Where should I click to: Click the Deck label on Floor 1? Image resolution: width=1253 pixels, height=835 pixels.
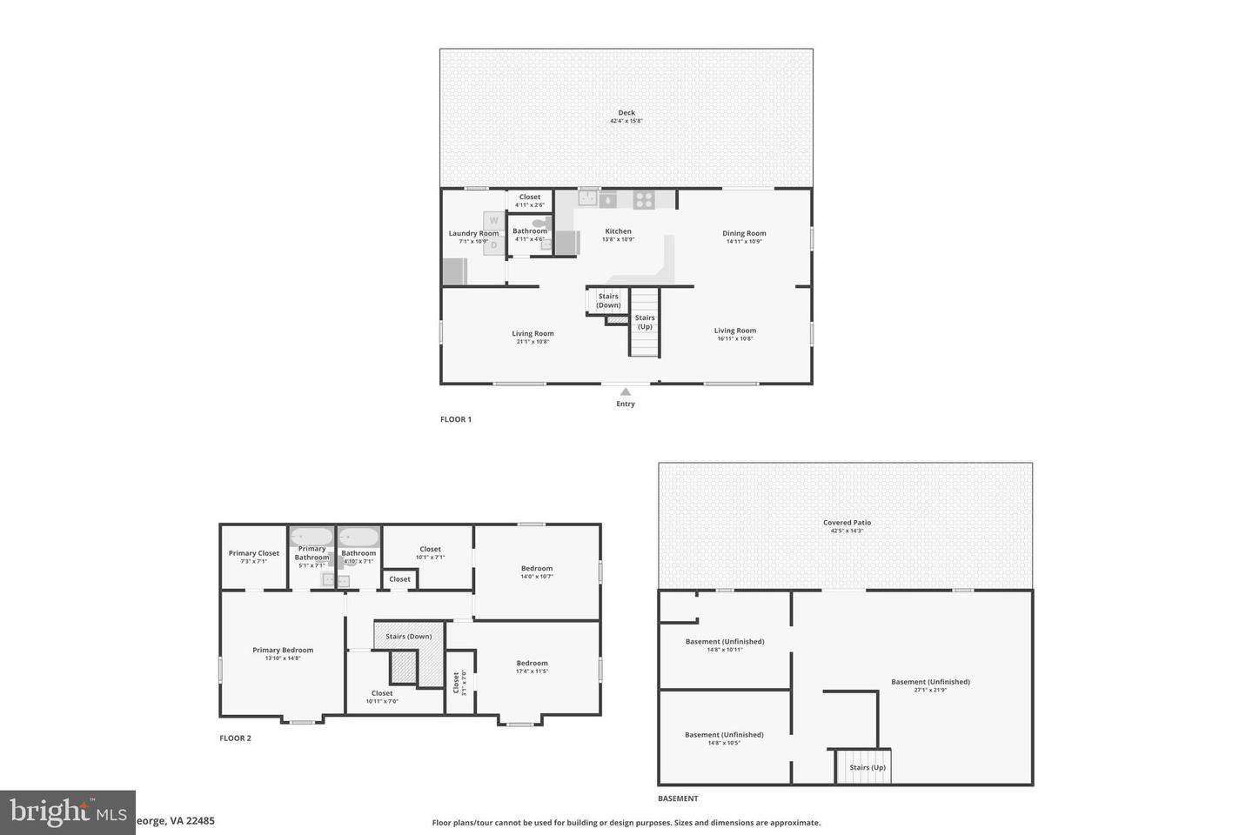626,112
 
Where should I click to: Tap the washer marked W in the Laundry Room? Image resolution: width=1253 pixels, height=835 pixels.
493,221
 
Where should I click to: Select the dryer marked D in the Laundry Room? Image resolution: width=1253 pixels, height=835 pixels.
493,244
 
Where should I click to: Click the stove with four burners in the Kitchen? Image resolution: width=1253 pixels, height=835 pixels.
644,199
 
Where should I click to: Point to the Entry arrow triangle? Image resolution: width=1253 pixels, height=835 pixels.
626,392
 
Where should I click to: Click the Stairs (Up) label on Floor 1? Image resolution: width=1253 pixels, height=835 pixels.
645,322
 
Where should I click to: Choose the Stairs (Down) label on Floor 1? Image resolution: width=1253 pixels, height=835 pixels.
608,301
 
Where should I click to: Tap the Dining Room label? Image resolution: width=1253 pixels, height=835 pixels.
744,233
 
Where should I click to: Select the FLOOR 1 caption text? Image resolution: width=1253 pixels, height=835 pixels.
456,419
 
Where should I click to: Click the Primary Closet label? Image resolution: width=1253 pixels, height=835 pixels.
254,553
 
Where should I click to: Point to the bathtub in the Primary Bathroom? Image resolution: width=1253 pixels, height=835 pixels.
312,536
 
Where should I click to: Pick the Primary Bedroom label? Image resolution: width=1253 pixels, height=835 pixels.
283,650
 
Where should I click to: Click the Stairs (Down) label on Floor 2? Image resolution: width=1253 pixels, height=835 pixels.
408,637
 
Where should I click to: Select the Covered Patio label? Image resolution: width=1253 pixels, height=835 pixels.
847,523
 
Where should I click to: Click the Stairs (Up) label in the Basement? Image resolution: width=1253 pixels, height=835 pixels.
868,767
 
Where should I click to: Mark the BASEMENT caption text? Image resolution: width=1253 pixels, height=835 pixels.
678,798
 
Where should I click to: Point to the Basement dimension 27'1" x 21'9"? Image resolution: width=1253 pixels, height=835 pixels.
930,690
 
